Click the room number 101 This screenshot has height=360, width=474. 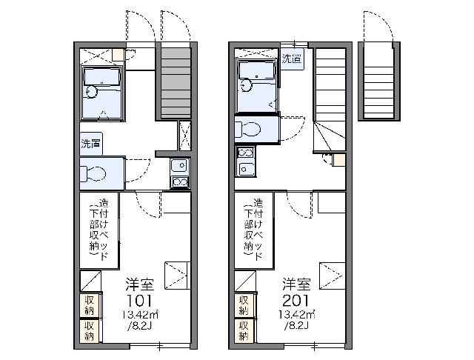[139, 301]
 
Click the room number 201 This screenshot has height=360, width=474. [296, 301]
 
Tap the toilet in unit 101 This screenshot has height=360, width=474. [93, 173]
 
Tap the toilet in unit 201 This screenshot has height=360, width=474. [247, 129]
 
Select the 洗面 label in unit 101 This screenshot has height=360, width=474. [90, 144]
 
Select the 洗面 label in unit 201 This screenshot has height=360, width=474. [292, 59]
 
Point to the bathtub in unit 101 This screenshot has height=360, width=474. [102, 77]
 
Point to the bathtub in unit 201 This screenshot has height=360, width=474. [256, 70]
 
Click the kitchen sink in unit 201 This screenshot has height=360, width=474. [247, 169]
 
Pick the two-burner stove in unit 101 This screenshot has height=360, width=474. [179, 182]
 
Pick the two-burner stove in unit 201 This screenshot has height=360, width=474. [246, 153]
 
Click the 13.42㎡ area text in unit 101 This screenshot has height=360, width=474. [140, 315]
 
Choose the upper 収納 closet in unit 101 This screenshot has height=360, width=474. [89, 305]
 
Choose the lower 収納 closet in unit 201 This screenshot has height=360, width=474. [244, 330]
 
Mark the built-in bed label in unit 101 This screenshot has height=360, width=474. [99, 230]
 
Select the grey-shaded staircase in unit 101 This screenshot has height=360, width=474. [176, 83]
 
